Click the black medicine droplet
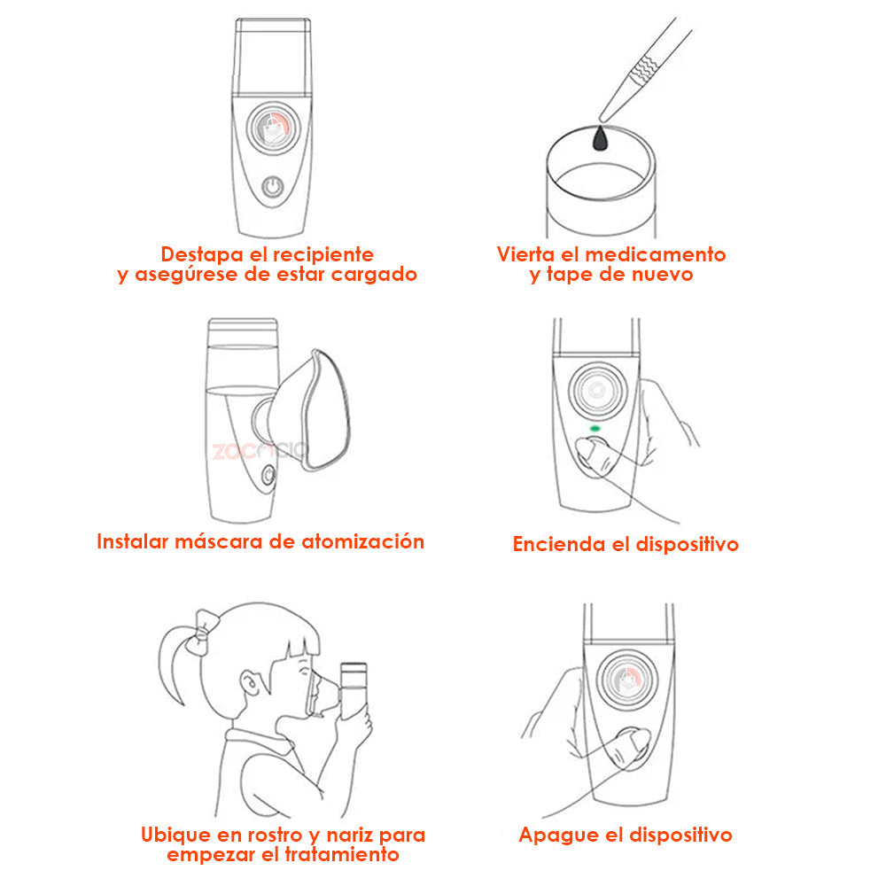point(600,138)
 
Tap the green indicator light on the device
point(595,428)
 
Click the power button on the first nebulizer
point(273,186)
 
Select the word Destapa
point(202,254)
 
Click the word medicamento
point(655,254)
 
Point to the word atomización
point(362,541)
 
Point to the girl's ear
point(249,683)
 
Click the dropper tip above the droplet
point(603,119)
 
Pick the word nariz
point(348,835)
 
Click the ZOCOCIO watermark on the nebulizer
point(260,451)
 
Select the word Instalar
point(133,541)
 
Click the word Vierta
point(525,254)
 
